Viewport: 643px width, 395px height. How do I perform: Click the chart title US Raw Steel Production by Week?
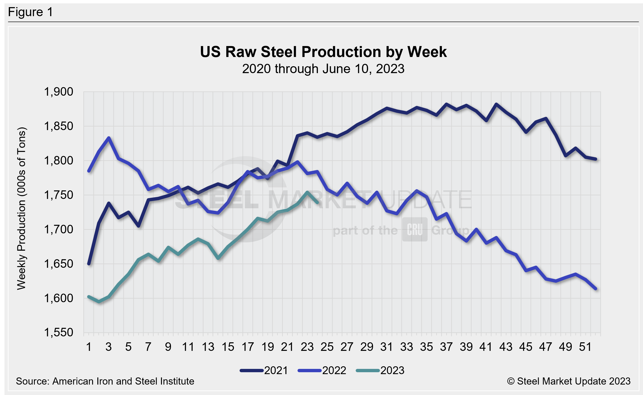323,52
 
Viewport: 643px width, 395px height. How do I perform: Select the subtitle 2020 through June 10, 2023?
323,69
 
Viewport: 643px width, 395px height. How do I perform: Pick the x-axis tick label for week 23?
307,347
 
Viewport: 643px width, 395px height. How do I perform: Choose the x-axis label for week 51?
585,347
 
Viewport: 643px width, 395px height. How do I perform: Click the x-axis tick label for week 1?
89,347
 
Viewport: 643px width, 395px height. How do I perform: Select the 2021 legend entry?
264,371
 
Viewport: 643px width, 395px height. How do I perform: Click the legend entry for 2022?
322,371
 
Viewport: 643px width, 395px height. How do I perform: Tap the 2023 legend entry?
380,371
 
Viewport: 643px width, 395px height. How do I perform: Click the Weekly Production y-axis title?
21,208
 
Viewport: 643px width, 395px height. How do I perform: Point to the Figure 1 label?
31,12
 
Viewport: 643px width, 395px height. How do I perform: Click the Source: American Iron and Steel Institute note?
105,381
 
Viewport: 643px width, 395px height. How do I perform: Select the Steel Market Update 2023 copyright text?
569,381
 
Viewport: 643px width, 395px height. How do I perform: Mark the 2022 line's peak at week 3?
109,138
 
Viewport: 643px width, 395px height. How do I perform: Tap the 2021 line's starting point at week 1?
89,264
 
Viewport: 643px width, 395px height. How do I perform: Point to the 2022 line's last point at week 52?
596,289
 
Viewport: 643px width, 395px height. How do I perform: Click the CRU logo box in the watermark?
415,230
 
